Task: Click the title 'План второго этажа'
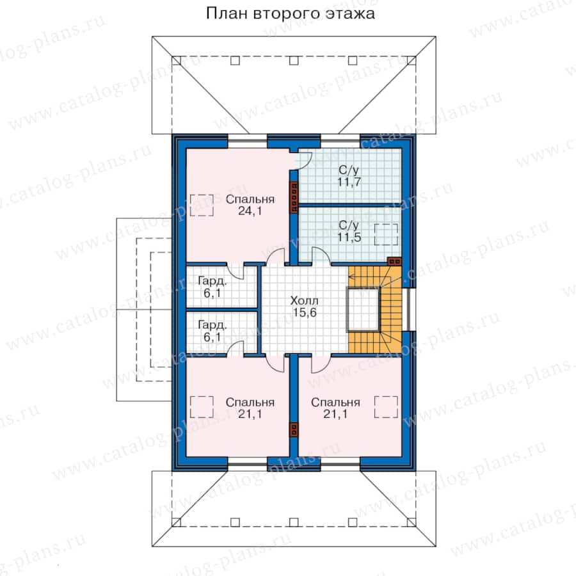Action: (290, 13)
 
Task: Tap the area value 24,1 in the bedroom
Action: (250, 211)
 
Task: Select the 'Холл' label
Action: (304, 301)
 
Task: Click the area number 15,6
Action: (305, 312)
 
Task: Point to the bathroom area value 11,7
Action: (349, 182)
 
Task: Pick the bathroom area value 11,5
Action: (349, 237)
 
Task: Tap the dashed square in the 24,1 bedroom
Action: (202, 205)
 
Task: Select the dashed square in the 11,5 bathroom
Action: (386, 234)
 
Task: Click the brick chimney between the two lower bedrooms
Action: (294, 429)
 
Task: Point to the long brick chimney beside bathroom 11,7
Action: (294, 197)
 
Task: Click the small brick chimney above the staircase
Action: (394, 262)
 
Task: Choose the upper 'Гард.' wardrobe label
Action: (212, 282)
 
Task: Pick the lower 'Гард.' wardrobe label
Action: (212, 325)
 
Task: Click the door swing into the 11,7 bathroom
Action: (305, 161)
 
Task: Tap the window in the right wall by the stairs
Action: (408, 309)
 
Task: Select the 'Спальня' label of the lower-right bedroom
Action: (335, 403)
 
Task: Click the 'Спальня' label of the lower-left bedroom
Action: (250, 403)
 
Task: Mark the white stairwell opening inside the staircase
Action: (364, 309)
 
